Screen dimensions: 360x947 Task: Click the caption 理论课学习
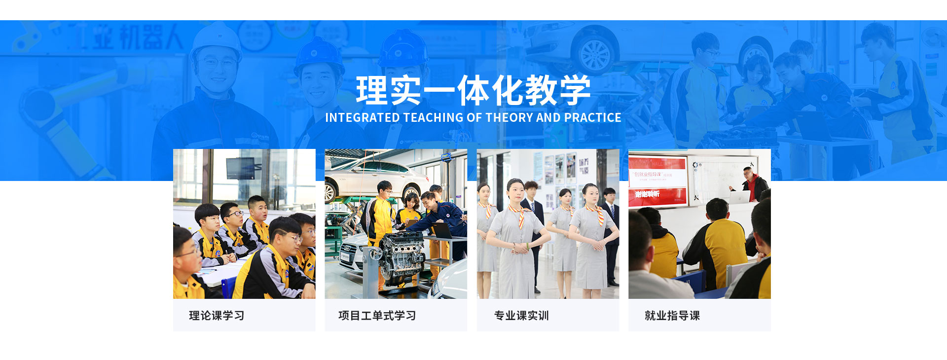[x=217, y=316]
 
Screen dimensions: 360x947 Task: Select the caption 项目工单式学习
[x=377, y=316]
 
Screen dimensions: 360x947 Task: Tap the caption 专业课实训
[x=521, y=316]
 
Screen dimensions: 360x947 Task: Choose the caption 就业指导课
[x=672, y=316]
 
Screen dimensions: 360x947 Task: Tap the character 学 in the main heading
[x=575, y=90]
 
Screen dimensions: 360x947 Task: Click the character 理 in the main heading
[x=372, y=90]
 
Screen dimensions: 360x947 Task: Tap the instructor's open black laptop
[x=442, y=230]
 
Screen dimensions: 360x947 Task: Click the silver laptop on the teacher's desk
[x=738, y=197]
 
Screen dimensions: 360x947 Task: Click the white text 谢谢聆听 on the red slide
[x=647, y=194]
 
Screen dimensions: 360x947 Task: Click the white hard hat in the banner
[x=216, y=42]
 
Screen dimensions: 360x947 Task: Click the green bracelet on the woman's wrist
[x=527, y=245]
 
